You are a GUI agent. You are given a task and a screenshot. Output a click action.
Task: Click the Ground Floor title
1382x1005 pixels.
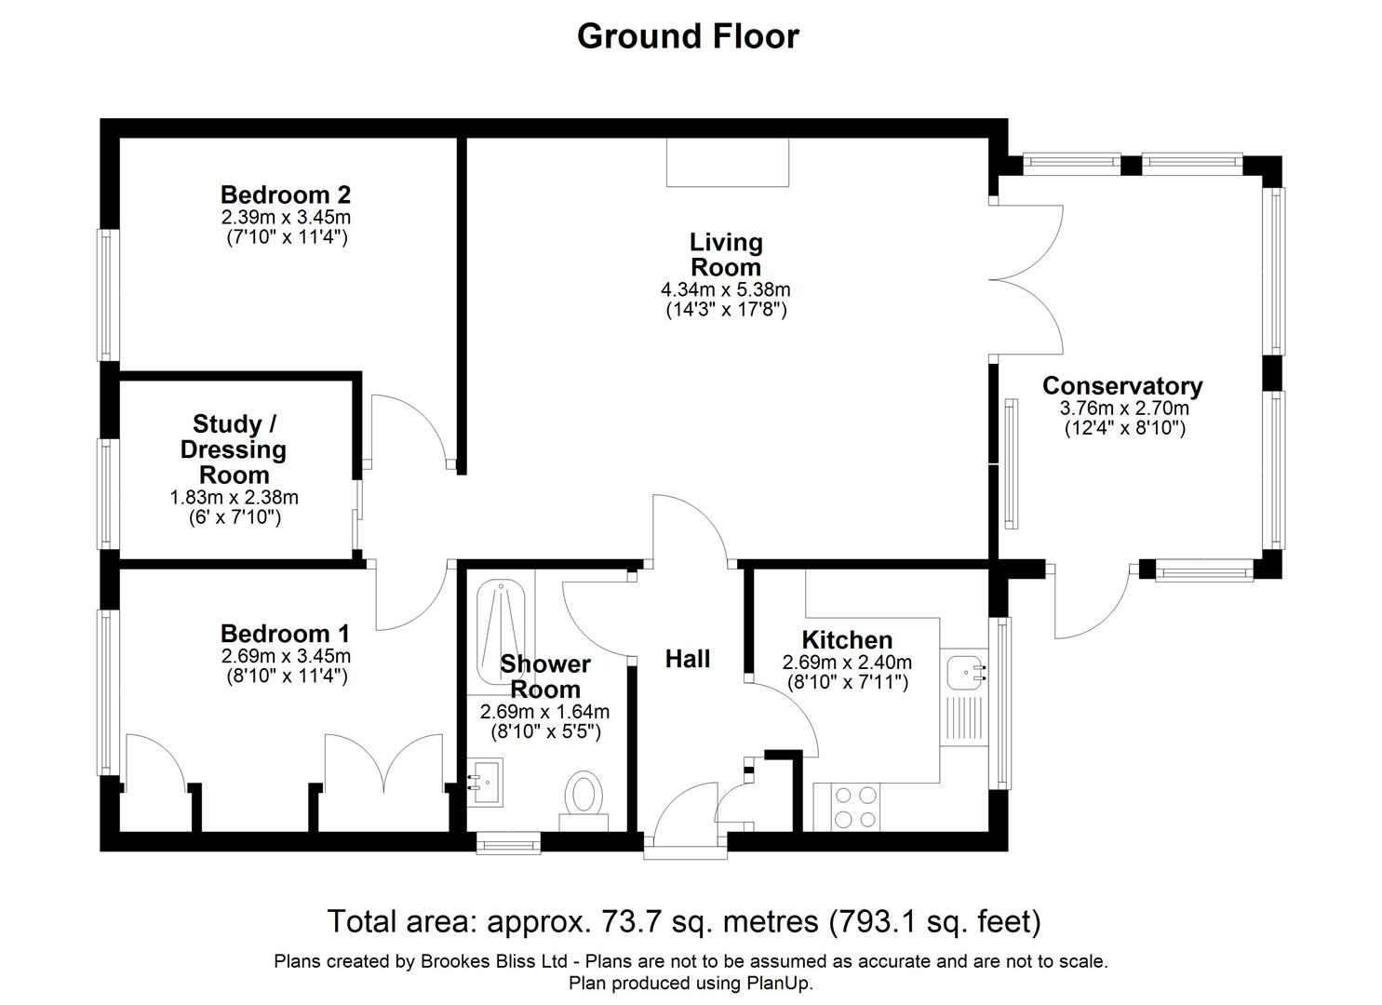coord(688,36)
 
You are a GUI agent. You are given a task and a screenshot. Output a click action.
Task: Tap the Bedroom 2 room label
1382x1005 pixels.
coord(286,194)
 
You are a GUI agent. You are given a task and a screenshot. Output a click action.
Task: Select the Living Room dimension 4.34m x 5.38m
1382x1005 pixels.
coord(725,289)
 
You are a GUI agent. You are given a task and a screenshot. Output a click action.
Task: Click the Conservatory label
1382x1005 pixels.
coord(1121,385)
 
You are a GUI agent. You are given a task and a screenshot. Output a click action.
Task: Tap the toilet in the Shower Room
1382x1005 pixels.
coord(584,797)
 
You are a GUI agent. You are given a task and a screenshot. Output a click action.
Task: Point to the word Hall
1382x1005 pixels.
coord(688,659)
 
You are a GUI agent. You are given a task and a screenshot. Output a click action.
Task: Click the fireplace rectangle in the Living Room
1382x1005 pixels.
coord(728,162)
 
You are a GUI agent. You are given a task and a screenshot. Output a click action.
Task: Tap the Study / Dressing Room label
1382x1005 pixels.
coord(233,449)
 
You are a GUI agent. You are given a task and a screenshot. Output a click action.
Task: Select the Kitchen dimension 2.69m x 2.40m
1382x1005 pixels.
coord(847,663)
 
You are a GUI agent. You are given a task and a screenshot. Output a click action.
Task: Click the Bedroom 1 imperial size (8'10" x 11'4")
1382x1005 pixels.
coord(287,677)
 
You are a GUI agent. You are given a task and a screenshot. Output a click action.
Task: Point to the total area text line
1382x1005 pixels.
coord(684,921)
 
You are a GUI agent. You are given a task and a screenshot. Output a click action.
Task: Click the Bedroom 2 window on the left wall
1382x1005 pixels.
coord(109,295)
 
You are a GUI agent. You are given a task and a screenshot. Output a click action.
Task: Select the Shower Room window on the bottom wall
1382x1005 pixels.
coord(508,843)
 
